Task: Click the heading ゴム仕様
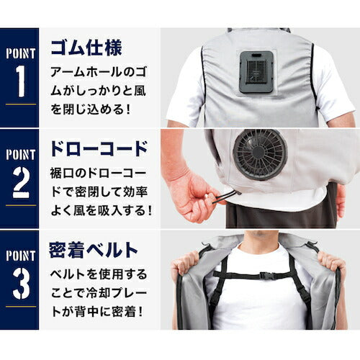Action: (x=86, y=48)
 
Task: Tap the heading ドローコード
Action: (x=99, y=149)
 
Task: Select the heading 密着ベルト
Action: (x=93, y=250)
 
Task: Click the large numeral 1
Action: (x=21, y=81)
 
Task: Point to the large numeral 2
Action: (x=21, y=182)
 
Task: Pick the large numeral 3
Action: (x=21, y=284)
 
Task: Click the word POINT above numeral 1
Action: (x=21, y=53)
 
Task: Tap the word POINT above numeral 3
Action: (x=21, y=256)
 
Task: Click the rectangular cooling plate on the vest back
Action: (x=256, y=72)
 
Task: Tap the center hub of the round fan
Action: (x=258, y=152)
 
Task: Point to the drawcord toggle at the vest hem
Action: (x=237, y=192)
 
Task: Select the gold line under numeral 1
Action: (x=21, y=104)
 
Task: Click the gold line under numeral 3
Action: (x=21, y=307)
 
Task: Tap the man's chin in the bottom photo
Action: (x=260, y=235)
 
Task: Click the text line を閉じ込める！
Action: (x=91, y=109)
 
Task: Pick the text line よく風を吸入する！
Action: (x=102, y=210)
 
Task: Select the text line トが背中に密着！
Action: (x=97, y=312)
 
